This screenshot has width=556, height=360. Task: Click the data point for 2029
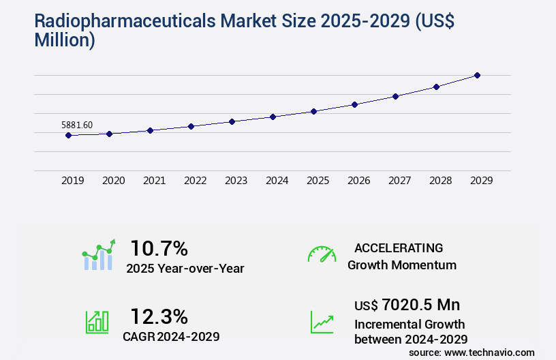477,75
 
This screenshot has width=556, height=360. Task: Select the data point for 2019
68,135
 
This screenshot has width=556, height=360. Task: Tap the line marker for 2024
273,117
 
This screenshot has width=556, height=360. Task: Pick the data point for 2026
354,104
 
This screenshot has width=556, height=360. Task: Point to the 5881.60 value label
77,125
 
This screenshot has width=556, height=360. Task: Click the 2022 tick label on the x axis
195,181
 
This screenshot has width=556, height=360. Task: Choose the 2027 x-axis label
399,181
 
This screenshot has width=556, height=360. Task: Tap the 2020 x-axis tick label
113,181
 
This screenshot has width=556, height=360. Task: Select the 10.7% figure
159,248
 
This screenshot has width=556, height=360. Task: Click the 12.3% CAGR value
159,316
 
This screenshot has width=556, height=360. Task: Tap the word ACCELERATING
399,248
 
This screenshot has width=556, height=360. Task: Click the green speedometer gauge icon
322,254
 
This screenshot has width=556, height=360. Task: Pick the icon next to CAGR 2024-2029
97,322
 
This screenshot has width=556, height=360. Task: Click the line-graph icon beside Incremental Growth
322,322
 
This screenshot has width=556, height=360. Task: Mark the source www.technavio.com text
472,352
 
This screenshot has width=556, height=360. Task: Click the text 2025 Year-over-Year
185,269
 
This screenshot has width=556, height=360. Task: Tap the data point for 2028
436,87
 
